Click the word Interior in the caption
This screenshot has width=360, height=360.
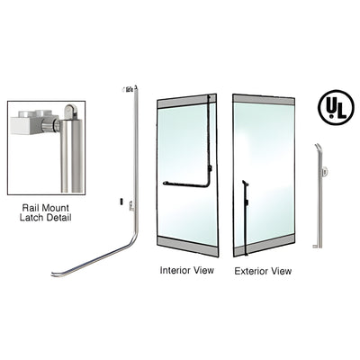tap(175, 269)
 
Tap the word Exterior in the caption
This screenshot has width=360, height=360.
tap(249, 270)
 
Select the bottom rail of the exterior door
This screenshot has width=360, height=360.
tap(263, 244)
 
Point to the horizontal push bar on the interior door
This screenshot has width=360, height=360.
tap(184, 184)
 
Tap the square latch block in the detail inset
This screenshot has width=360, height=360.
tap(27, 121)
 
